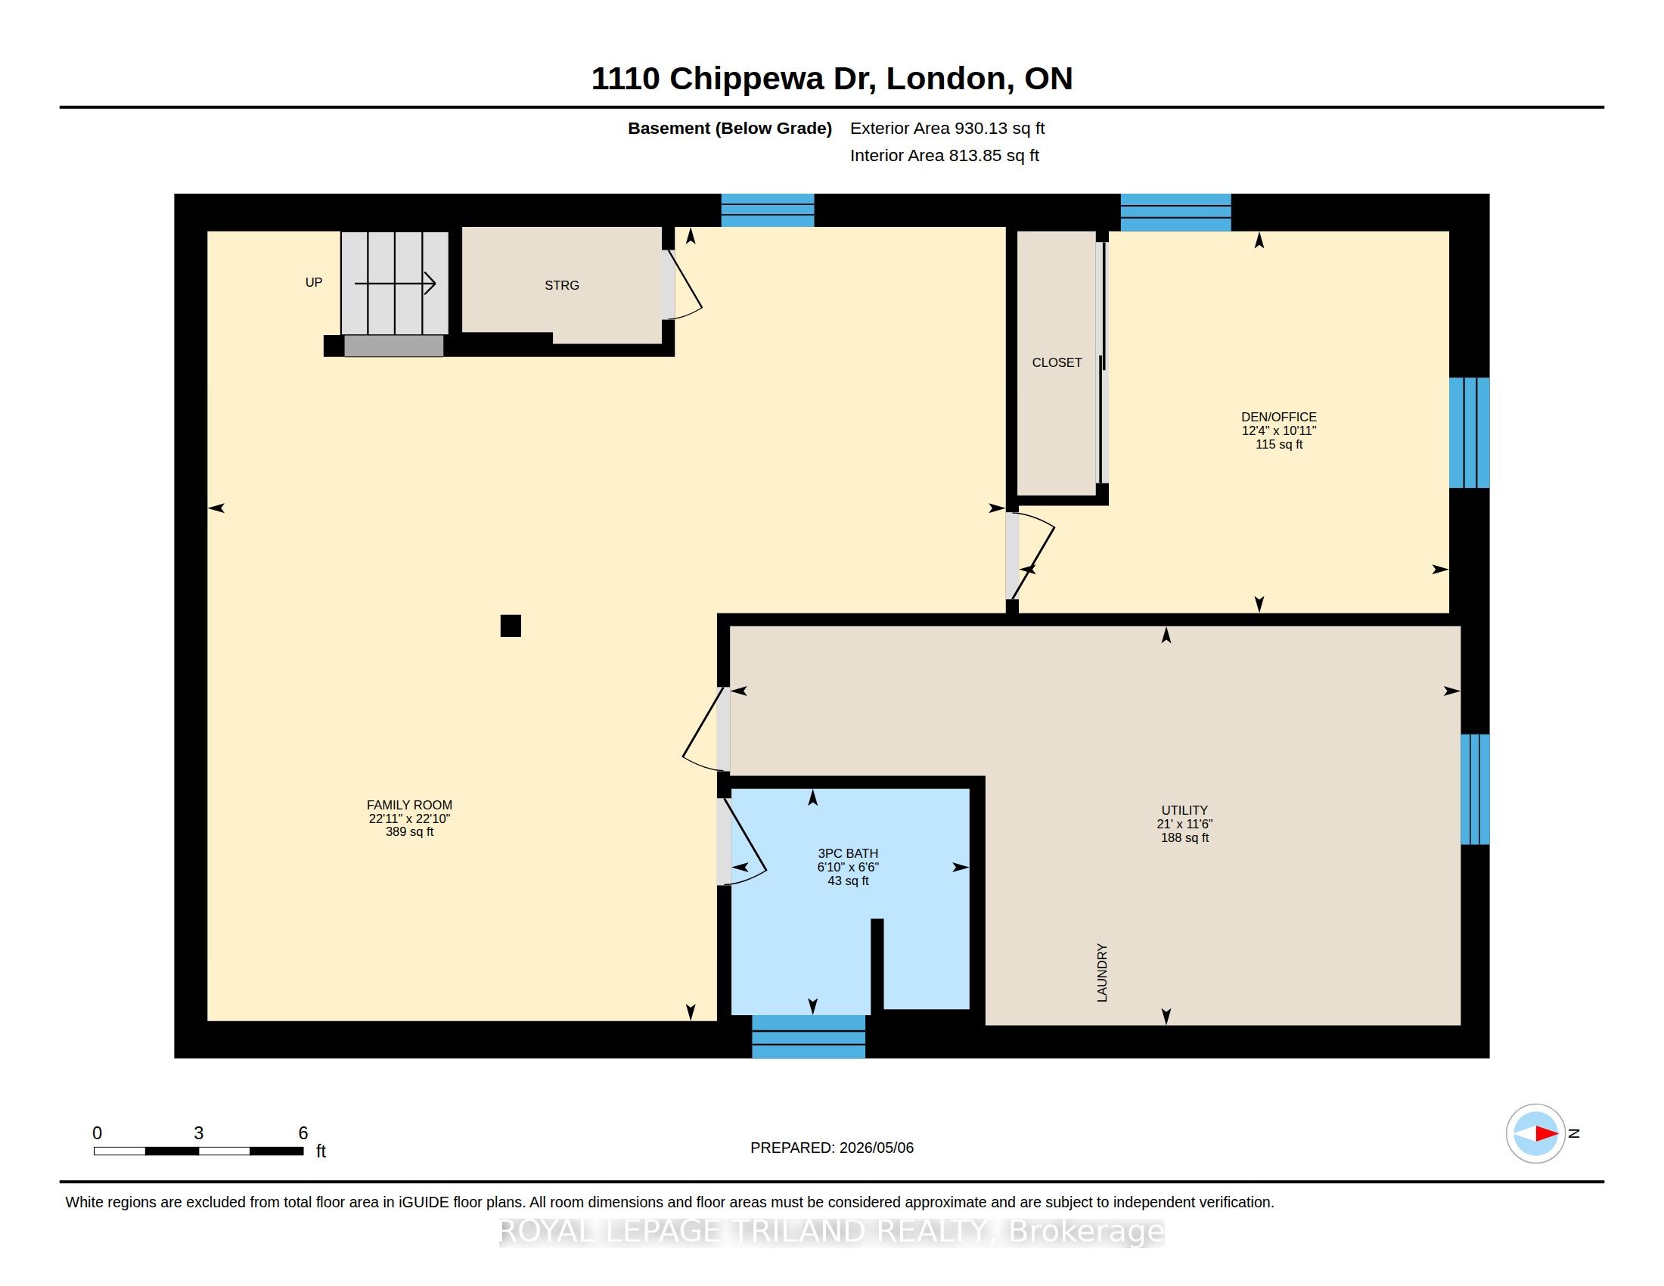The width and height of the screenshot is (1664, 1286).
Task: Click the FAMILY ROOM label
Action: [409, 805]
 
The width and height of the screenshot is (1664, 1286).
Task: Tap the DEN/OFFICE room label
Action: [1278, 417]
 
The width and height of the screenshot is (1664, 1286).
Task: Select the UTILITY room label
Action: [1184, 810]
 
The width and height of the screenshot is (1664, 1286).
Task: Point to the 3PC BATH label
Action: [848, 853]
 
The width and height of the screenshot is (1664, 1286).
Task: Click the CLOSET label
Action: [1057, 362]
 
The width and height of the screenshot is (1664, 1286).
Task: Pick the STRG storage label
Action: [561, 285]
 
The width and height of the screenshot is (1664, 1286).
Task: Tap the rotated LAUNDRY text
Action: [1102, 973]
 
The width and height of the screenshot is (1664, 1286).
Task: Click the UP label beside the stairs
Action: [314, 282]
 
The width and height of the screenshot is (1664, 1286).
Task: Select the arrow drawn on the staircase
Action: [395, 284]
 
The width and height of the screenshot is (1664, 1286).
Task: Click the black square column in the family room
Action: [511, 626]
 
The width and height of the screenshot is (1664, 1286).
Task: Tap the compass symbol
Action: [1535, 1134]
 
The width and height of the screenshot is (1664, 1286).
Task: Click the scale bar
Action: [199, 1151]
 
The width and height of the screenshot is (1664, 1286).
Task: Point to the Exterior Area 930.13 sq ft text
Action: [947, 128]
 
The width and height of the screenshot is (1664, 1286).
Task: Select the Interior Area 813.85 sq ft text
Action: [944, 155]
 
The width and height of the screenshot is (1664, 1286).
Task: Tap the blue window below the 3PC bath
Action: [809, 1037]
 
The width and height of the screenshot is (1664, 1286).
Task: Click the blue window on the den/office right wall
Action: [1469, 433]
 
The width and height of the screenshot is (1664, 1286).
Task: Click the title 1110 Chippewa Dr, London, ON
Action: [832, 79]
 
